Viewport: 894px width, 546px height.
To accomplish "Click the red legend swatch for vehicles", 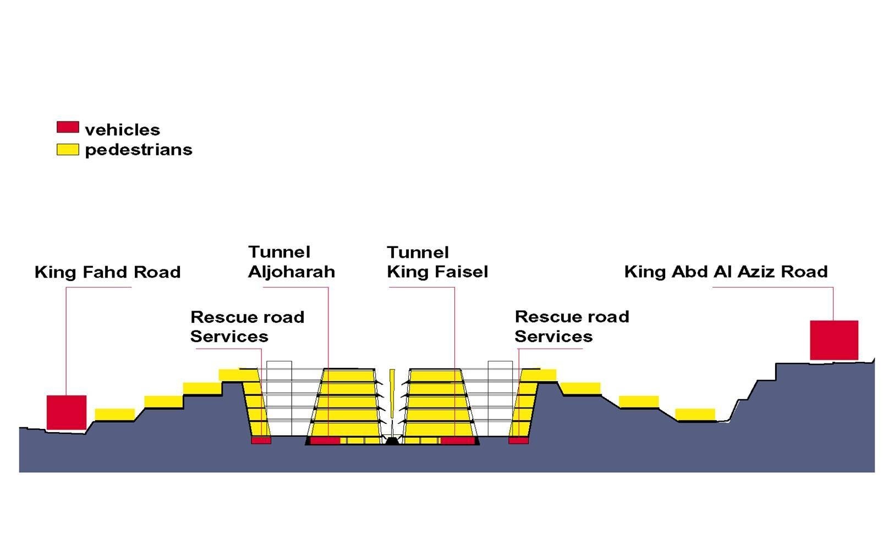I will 68,127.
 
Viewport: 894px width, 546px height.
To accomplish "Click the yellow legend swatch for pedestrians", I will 68,149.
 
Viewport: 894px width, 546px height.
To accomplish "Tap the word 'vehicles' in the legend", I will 122,130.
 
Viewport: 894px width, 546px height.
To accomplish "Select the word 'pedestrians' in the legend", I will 139,150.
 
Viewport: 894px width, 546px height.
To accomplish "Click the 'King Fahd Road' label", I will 107,272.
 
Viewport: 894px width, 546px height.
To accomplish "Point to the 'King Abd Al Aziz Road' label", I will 726,272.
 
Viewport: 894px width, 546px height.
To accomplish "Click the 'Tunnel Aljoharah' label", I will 291,262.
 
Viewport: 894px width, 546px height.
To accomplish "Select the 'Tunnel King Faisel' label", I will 437,262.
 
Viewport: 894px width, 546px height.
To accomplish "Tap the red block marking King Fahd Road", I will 66,412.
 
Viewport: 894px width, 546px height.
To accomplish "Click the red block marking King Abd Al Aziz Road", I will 833,340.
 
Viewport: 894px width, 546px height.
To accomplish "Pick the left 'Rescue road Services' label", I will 247,327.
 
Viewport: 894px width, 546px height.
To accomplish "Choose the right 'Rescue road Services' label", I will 572,327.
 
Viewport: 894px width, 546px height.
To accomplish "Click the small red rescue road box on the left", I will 261,440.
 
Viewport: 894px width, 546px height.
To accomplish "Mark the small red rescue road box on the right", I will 518,440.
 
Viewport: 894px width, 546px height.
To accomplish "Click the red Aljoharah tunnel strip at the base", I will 325,440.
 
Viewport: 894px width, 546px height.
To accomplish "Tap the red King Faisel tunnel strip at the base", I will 457,440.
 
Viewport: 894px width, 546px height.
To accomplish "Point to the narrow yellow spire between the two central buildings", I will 392,393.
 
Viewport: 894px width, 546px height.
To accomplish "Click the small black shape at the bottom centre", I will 392,440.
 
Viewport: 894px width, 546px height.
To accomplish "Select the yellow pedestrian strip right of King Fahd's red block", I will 115,414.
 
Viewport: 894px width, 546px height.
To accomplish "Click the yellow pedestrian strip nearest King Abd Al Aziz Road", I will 695,414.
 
